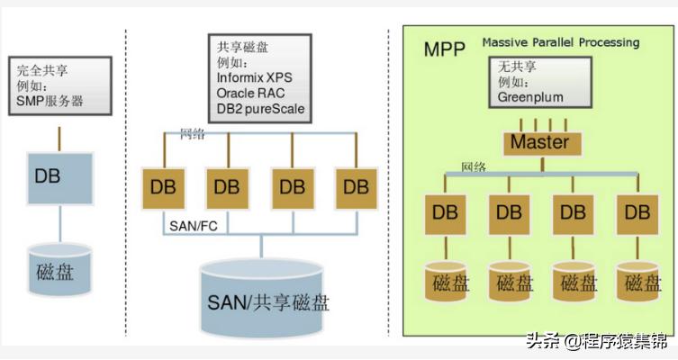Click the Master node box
pyautogui.click(x=539, y=143)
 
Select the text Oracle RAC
pyautogui.click(x=250, y=94)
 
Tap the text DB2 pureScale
pyautogui.click(x=260, y=110)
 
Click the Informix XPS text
pyautogui.click(x=254, y=77)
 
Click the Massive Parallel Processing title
pyautogui.click(x=560, y=42)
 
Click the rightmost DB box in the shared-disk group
pyautogui.click(x=356, y=187)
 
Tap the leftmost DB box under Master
pyautogui.click(x=446, y=213)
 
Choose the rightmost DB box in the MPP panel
pyautogui.click(x=637, y=213)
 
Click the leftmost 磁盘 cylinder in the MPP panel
pyautogui.click(x=447, y=281)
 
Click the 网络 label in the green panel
pyautogui.click(x=475, y=167)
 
